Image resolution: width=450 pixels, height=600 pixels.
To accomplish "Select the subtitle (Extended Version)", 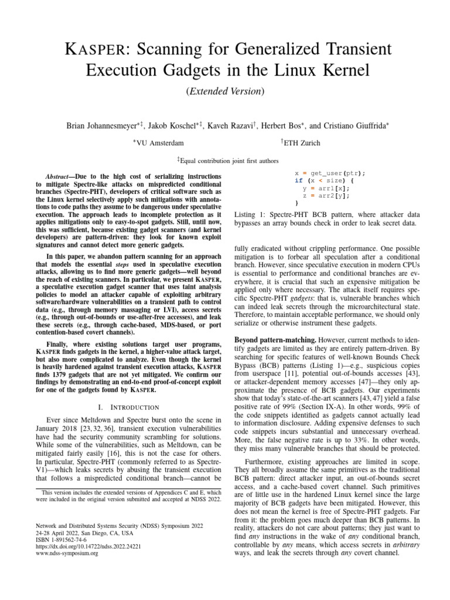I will click(x=224, y=91).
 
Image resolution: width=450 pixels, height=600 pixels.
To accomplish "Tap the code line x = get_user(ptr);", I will click(x=330, y=173).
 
